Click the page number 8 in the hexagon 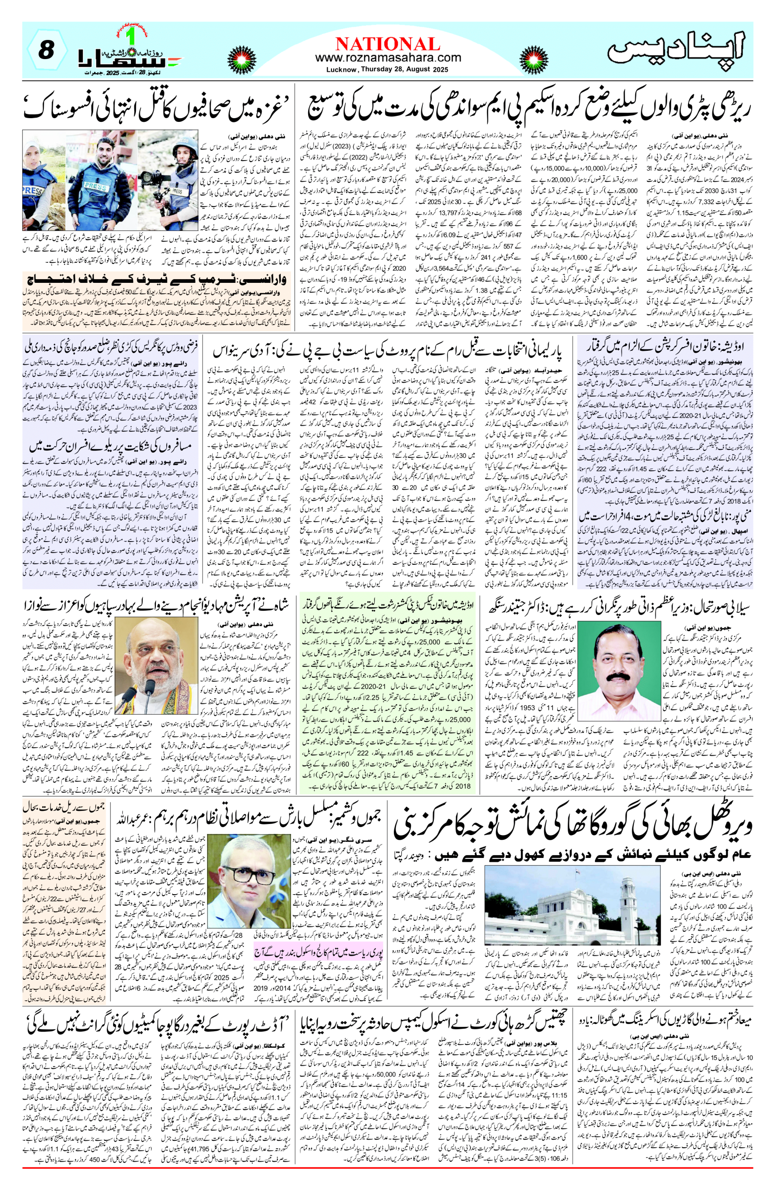46,50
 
